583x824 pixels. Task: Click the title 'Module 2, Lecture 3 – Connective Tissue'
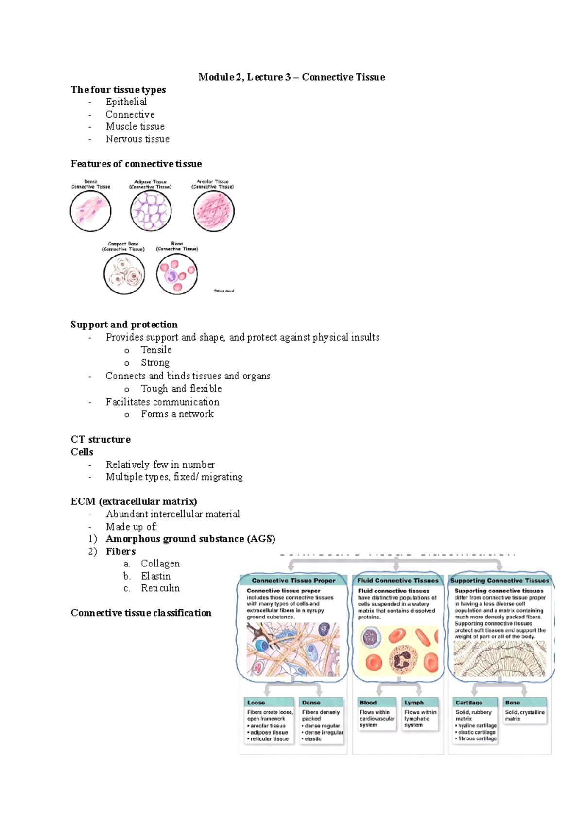click(291, 77)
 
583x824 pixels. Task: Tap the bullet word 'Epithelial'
click(126, 102)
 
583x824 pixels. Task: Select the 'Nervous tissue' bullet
click(137, 139)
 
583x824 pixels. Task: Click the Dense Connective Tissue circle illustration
click(91, 211)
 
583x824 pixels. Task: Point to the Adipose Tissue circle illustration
click(151, 211)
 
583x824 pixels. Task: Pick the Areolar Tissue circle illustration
click(213, 211)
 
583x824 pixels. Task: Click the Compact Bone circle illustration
click(124, 274)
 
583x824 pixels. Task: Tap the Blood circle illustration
click(177, 274)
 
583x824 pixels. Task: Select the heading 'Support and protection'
click(124, 325)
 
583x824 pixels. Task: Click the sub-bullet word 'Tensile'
click(156, 350)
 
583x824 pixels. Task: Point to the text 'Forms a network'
click(177, 414)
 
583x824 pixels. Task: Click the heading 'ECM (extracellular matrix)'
click(134, 501)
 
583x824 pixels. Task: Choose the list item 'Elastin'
click(155, 576)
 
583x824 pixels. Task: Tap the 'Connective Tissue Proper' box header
click(293, 581)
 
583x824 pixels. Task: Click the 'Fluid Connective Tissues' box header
click(397, 581)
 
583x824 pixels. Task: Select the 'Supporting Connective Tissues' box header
click(499, 581)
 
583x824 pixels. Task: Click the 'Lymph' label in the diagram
click(414, 703)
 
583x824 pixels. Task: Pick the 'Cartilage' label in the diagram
click(469, 703)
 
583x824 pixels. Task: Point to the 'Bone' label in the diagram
click(513, 703)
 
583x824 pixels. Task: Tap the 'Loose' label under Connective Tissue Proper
click(256, 703)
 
